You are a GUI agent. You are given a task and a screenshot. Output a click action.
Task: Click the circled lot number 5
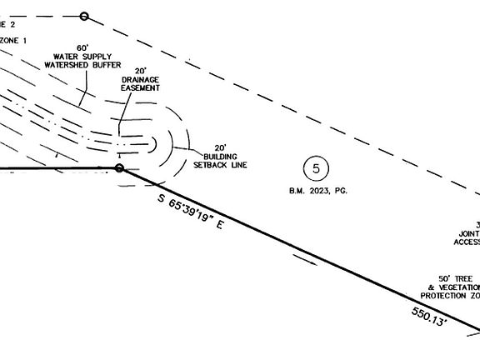point(316,168)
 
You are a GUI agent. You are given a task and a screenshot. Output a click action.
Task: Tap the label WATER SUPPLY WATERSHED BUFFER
point(83,61)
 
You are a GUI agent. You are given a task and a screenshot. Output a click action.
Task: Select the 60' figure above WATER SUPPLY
point(83,47)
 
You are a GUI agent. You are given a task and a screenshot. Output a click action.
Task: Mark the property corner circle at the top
point(84,16)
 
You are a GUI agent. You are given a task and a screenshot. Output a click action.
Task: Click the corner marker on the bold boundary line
point(119,168)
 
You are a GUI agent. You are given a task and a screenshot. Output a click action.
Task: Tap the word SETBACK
point(221,164)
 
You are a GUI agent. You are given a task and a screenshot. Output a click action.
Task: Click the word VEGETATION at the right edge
point(457,287)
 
